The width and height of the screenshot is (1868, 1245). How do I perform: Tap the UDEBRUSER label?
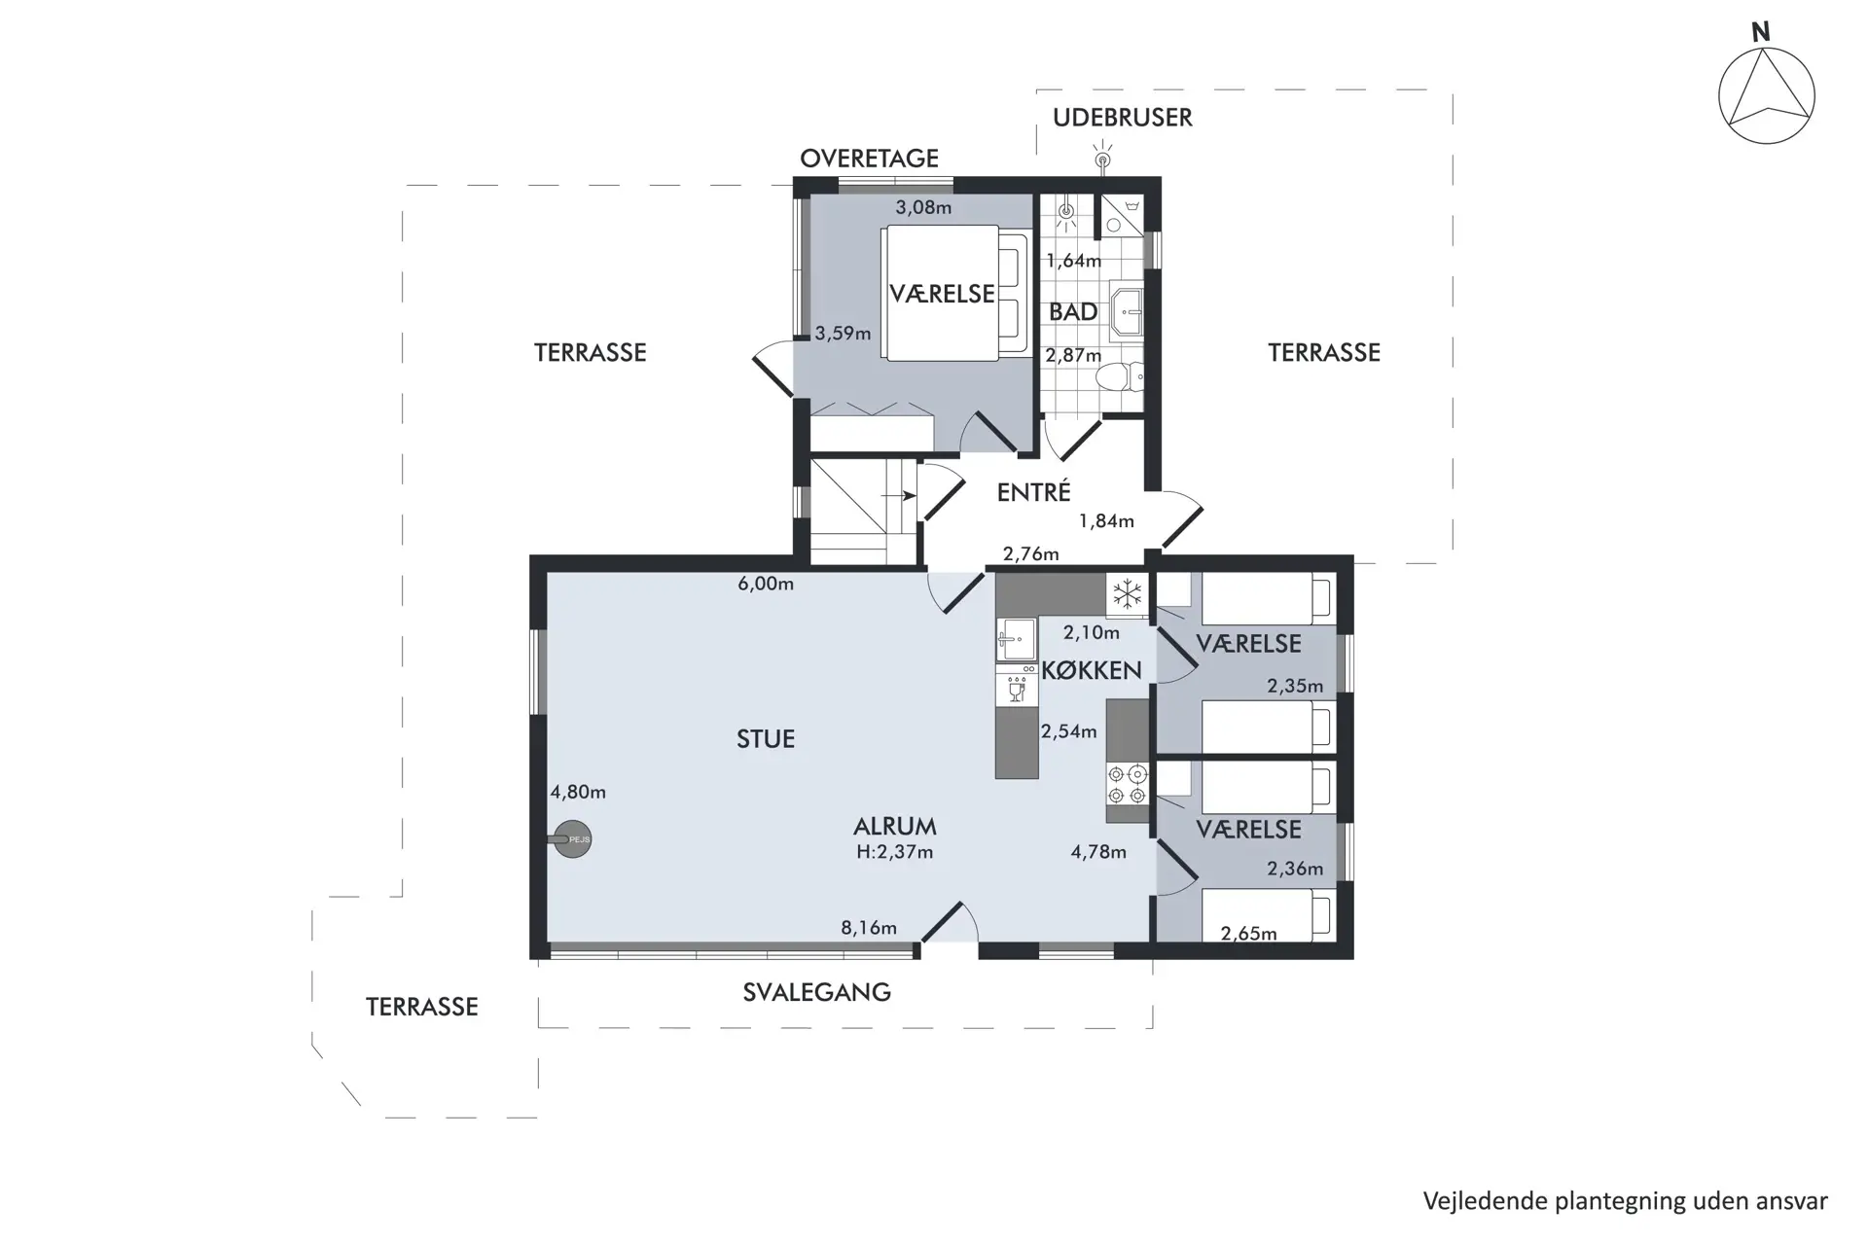click(1122, 118)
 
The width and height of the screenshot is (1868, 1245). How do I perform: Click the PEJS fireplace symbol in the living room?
click(573, 839)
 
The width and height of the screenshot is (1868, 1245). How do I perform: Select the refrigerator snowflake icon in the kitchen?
click(1128, 593)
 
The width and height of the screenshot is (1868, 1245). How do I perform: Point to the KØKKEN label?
click(1091, 670)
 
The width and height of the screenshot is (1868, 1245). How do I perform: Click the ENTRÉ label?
click(1033, 492)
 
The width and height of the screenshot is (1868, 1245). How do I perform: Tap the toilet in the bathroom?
click(1121, 376)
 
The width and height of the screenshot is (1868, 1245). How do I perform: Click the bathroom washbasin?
click(1128, 312)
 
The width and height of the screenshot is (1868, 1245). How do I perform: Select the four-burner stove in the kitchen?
click(1128, 784)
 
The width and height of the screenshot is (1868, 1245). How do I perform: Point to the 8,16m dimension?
click(869, 928)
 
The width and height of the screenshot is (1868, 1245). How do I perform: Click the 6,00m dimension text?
click(766, 584)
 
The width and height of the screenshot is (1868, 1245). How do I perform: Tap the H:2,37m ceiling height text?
click(894, 852)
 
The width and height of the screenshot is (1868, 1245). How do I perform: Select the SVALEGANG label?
click(816, 992)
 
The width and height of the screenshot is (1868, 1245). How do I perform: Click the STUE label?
click(766, 739)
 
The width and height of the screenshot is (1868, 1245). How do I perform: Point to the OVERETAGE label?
click(869, 159)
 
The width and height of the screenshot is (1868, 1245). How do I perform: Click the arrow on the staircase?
click(901, 496)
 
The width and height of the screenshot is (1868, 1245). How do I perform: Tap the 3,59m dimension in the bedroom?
click(843, 333)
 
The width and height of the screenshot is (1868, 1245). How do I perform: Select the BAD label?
click(1073, 312)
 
